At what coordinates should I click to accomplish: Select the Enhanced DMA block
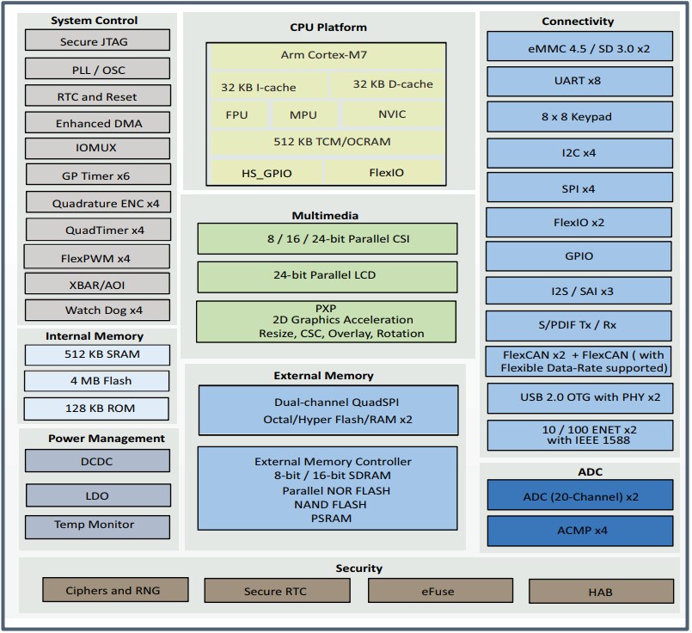[x=95, y=122]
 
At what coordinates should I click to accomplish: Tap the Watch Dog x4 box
[x=96, y=310]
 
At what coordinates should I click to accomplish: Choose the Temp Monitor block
[x=94, y=525]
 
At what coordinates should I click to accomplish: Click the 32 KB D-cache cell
[x=392, y=84]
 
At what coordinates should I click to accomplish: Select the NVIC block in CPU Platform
[x=392, y=114]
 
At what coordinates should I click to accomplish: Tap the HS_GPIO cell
[x=266, y=173]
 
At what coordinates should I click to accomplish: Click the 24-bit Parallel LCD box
[x=328, y=276]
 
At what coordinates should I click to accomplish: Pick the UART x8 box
[x=578, y=80]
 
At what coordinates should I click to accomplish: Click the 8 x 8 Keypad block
[x=578, y=116]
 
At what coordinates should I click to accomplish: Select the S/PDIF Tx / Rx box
[x=578, y=326]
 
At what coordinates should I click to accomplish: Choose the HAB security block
[x=600, y=592]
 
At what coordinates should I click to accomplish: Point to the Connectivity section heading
[x=578, y=21]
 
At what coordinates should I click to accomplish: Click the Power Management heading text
[x=95, y=439]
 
